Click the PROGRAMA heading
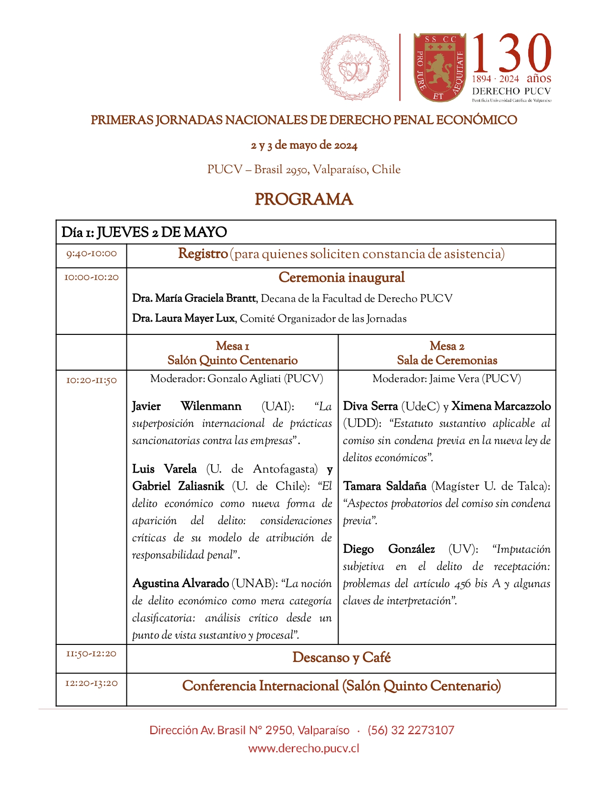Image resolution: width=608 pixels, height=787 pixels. coord(304,199)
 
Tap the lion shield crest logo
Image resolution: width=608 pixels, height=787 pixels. coord(439,67)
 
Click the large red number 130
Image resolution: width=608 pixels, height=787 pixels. coord(512,53)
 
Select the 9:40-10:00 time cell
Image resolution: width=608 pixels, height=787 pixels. coord(91,254)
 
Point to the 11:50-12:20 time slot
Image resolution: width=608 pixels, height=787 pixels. coord(91,654)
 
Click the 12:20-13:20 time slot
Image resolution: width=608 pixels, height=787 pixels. coord(91,683)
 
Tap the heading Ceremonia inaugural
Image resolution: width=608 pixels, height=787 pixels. coord(341,278)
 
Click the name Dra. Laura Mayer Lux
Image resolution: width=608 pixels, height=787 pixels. coord(184,319)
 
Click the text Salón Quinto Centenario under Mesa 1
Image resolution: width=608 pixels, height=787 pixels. coord(232,361)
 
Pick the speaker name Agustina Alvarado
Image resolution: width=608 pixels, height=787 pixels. coord(181,583)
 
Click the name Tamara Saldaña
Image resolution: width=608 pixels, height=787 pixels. coord(385,486)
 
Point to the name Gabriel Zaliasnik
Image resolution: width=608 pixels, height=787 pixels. coord(178,486)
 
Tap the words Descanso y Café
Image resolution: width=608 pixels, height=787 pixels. coord(341,658)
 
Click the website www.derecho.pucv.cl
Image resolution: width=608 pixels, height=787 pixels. coord(304,748)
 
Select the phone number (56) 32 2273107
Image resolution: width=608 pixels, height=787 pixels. coord(411,730)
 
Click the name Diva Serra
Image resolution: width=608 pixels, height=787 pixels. coord(371,406)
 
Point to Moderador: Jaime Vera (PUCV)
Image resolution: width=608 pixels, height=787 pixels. coord(446,379)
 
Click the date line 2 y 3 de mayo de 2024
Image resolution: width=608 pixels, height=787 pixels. coord(304,145)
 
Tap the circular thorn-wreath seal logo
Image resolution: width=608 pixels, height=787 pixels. coord(355,67)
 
